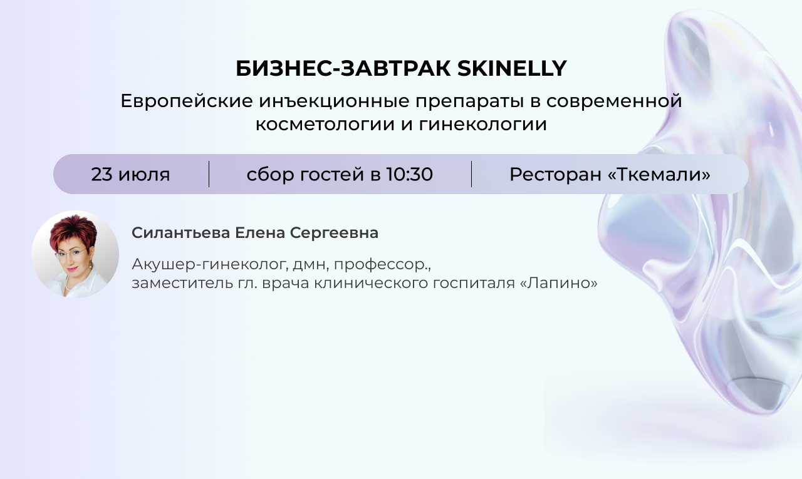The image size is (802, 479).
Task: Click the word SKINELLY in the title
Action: coord(512,68)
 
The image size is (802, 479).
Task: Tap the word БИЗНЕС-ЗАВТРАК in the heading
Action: coord(343,68)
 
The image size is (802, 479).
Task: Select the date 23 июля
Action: coord(130,175)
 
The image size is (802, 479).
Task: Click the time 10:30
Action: coord(409,174)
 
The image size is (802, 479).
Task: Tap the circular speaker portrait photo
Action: coord(75,254)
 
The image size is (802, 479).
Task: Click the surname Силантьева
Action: coord(181,233)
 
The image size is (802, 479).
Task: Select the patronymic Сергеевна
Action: coord(334,234)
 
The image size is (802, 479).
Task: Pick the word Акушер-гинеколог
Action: coord(210,265)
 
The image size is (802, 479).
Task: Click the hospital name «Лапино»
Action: coord(558,283)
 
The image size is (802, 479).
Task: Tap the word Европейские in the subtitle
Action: coord(187,101)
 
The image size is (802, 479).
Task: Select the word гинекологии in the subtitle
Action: coord(482,125)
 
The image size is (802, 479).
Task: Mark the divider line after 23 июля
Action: coord(209,174)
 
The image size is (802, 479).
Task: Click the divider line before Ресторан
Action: coord(472,174)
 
